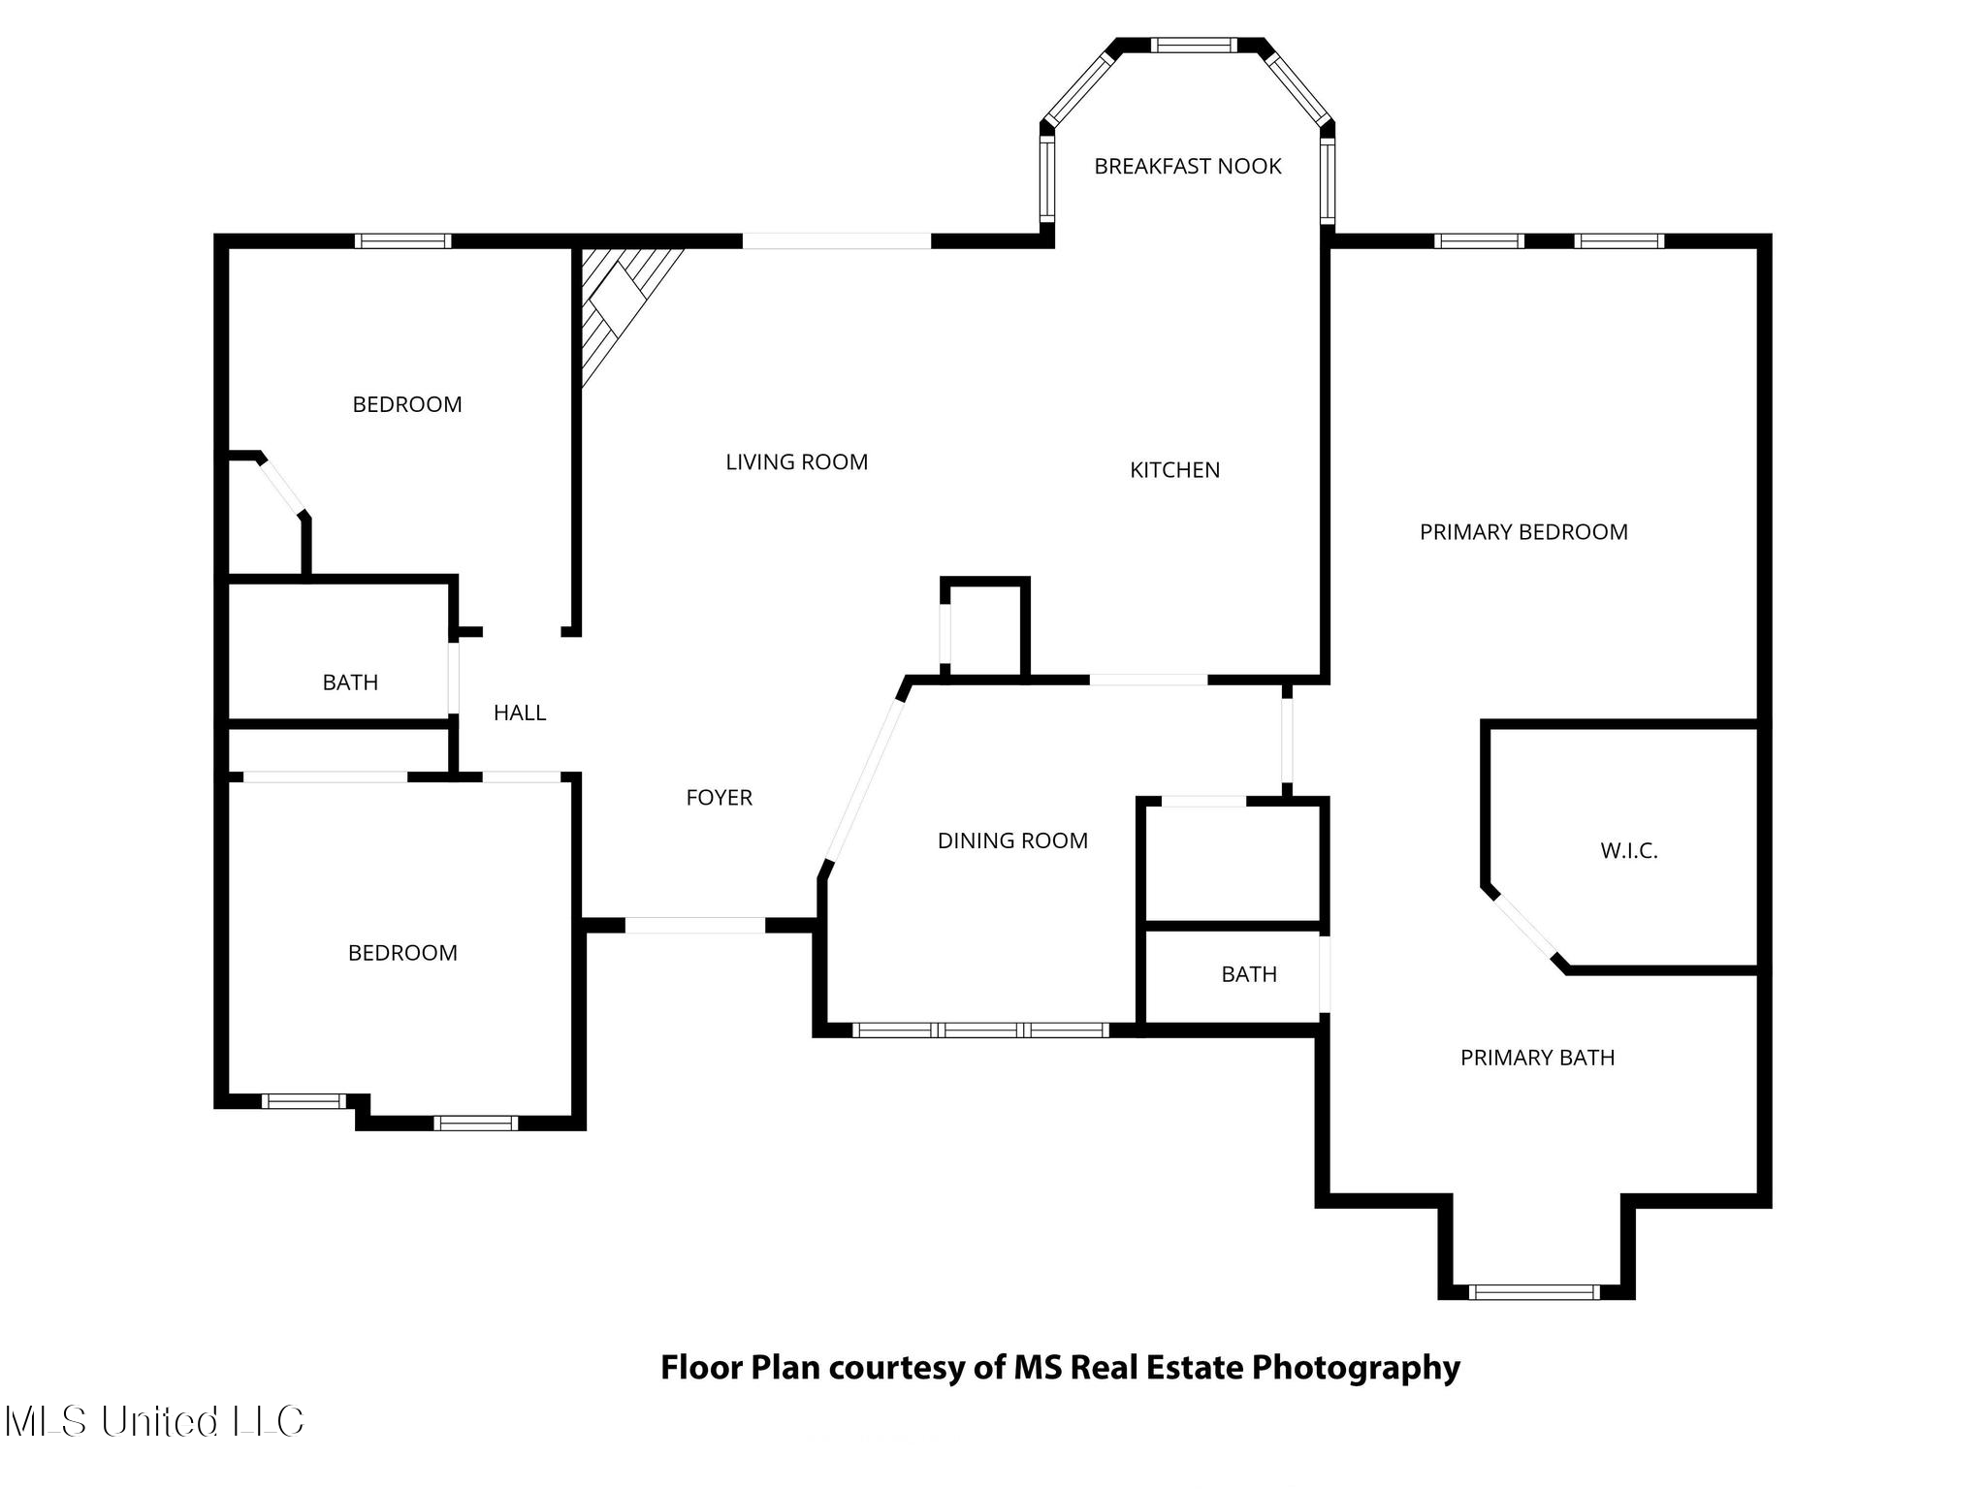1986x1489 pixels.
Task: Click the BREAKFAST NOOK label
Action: pos(1188,167)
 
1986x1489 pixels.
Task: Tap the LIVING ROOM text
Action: pos(797,462)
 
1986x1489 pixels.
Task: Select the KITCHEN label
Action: pos(1175,470)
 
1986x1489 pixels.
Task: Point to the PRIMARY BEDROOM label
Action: pos(1523,532)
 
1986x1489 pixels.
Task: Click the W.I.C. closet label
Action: pos(1629,851)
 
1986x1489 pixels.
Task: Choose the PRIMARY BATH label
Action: pos(1538,1058)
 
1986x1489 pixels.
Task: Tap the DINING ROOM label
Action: pos(1012,840)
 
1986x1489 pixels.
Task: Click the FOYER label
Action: pos(720,798)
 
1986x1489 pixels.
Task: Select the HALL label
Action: pos(520,713)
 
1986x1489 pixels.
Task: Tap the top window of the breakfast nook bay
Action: pos(1194,45)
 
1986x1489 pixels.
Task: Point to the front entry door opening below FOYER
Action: pos(695,926)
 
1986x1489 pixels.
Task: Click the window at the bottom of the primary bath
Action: pos(1534,1291)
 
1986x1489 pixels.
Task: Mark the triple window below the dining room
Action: pos(980,1030)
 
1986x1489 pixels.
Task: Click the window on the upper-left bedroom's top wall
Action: pos(402,241)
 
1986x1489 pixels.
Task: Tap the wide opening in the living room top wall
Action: pos(837,241)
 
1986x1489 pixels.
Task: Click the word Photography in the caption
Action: pos(1356,1368)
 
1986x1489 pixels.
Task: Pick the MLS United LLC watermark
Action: pos(155,1422)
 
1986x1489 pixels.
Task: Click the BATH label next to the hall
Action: pos(350,683)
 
